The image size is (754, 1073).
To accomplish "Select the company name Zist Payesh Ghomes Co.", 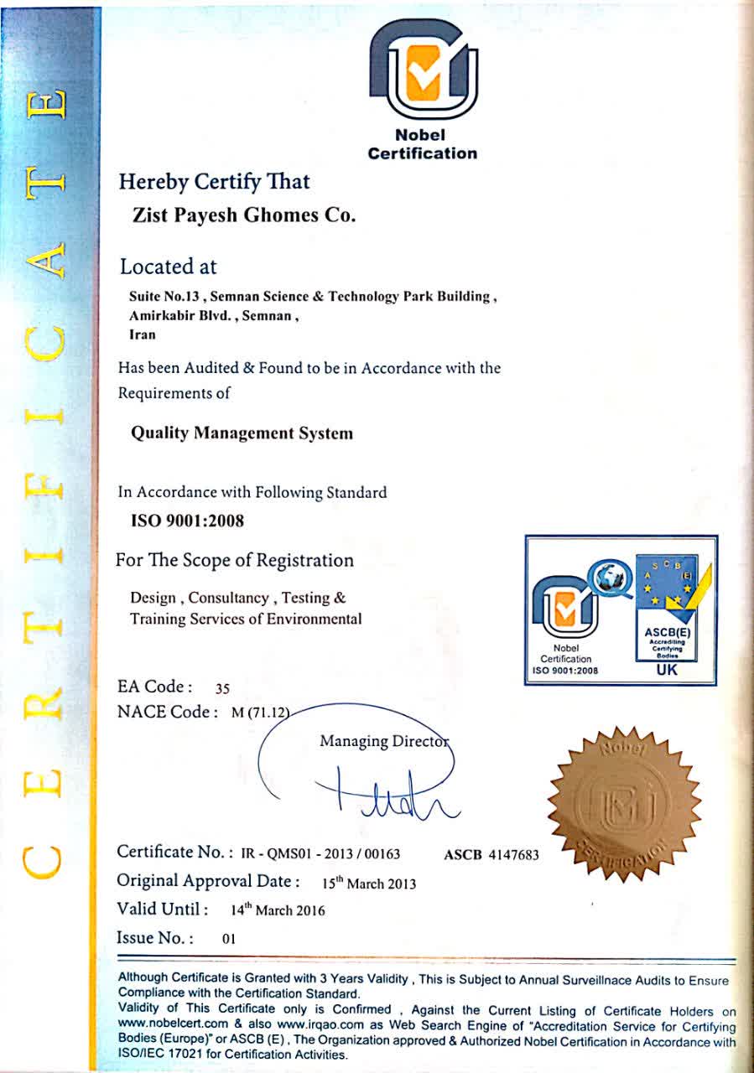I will [x=245, y=215].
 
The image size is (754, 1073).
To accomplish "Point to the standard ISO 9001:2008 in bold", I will [x=188, y=521].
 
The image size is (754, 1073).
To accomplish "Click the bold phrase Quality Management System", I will [x=242, y=433].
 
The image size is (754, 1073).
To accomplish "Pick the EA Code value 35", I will [x=222, y=689].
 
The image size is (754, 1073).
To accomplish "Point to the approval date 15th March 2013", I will [x=369, y=884].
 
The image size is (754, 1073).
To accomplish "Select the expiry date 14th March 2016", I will [x=278, y=910].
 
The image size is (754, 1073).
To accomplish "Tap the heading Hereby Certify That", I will [x=215, y=181].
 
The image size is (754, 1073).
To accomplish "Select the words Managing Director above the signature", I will [x=385, y=742].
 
